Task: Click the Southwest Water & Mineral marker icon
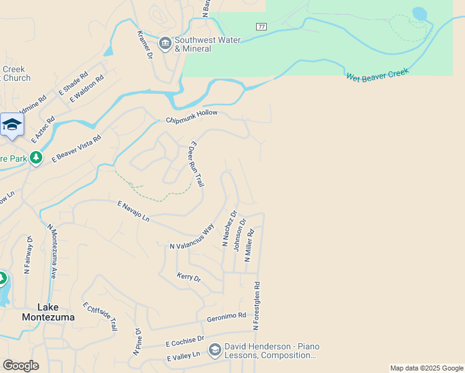tap(165, 43)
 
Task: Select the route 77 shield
tap(261, 27)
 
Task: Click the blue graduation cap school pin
tap(11, 125)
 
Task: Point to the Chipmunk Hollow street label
tap(192, 116)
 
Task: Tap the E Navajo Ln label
tap(134, 211)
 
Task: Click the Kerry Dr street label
tap(189, 278)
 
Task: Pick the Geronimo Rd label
tap(226, 317)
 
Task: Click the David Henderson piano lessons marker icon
tap(214, 351)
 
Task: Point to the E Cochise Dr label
tap(185, 341)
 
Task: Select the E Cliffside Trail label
tap(100, 316)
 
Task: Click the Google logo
tap(21, 366)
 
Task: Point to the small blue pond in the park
tap(420, 13)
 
